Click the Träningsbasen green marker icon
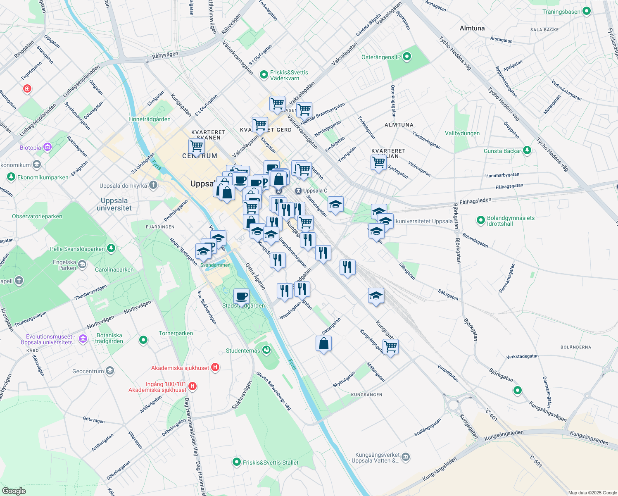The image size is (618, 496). (x=586, y=12)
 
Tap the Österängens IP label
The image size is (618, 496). (x=380, y=57)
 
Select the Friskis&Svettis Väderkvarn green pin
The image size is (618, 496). (x=264, y=75)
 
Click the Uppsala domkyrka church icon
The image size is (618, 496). (x=153, y=185)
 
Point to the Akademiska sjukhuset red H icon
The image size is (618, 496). (x=215, y=367)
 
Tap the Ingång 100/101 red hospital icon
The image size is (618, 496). (x=192, y=386)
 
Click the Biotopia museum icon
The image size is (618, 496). (x=48, y=147)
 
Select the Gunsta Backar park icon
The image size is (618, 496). (x=527, y=150)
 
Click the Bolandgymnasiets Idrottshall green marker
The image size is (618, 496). (x=480, y=220)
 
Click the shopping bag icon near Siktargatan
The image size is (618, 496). (x=324, y=343)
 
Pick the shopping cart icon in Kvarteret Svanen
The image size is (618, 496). (x=196, y=146)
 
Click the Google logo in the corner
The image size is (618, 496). (x=14, y=491)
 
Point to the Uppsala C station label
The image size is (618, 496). (x=315, y=191)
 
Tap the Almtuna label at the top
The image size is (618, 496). (x=472, y=28)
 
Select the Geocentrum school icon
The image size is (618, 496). (x=110, y=371)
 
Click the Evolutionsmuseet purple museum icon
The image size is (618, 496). (x=83, y=339)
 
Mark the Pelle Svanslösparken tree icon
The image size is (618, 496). (x=111, y=248)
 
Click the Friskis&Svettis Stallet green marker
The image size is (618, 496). (x=236, y=462)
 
